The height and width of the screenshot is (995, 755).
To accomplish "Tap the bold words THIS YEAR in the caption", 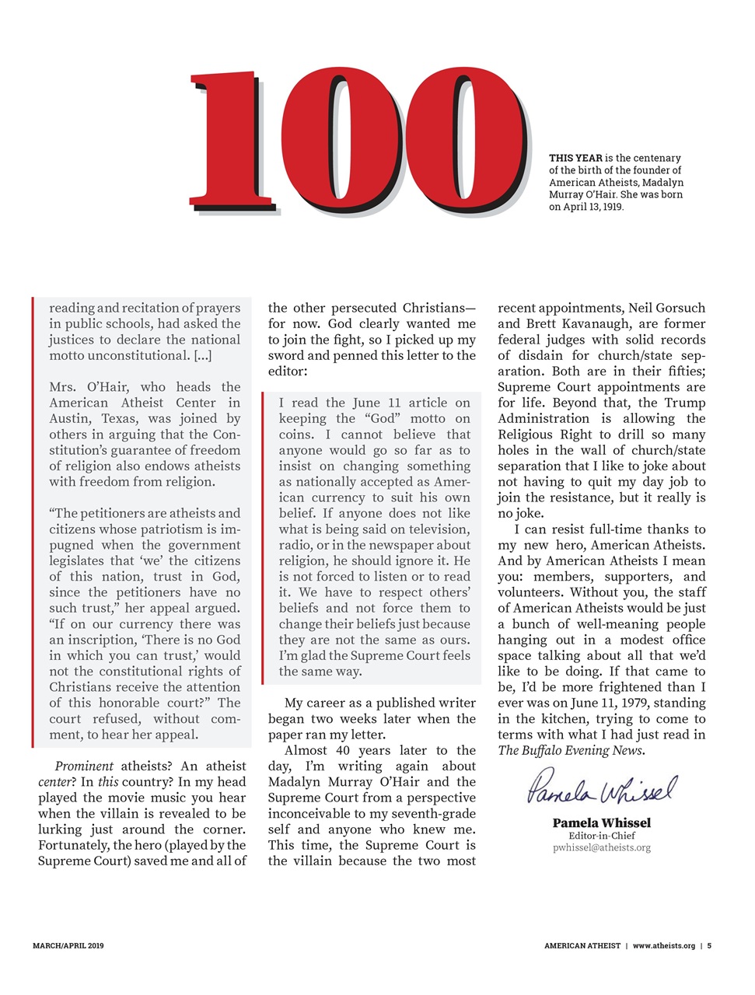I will tap(575, 158).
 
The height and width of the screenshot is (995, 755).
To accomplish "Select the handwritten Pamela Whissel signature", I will tap(601, 788).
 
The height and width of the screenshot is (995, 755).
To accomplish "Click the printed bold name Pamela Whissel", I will tap(601, 822).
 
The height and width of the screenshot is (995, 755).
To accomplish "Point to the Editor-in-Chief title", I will tap(601, 836).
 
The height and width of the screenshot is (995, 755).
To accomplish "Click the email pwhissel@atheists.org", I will tap(601, 848).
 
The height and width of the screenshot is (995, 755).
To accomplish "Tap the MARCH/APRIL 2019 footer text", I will tap(68, 946).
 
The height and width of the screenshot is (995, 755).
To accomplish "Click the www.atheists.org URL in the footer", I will tap(663, 946).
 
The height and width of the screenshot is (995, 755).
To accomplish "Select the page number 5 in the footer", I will tap(709, 946).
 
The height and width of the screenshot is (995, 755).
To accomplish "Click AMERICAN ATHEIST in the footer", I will tap(582, 946).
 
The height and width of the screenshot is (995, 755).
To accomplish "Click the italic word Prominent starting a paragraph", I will tap(84, 766).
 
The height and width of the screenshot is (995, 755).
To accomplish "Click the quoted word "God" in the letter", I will tap(383, 419).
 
